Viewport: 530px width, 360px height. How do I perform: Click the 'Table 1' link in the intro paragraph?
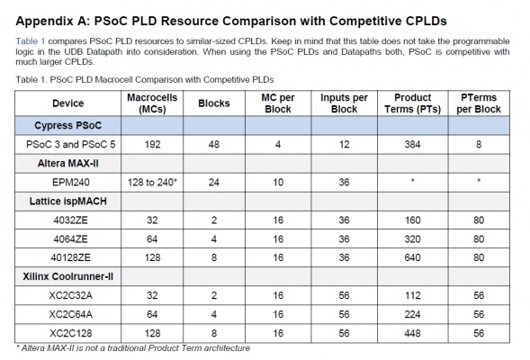(x=30, y=41)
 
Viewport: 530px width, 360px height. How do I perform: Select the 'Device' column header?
(x=68, y=103)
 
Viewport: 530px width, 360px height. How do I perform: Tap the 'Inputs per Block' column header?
(x=344, y=103)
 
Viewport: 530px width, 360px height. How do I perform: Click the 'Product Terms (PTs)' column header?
(x=412, y=103)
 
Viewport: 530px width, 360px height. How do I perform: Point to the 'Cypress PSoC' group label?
(x=68, y=125)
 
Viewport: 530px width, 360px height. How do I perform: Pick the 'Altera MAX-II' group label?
(x=68, y=164)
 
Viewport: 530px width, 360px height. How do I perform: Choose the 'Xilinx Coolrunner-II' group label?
(x=68, y=276)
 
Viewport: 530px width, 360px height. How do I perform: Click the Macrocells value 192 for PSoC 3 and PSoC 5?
(x=152, y=145)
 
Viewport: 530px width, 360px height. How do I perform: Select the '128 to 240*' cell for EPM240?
(x=152, y=183)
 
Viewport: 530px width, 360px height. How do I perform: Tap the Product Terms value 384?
(x=412, y=145)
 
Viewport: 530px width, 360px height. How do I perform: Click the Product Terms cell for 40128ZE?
(x=412, y=257)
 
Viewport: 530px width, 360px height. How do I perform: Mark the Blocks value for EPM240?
(x=214, y=183)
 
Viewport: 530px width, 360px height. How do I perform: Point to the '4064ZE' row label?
(x=70, y=239)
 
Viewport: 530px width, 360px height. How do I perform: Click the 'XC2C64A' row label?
(x=71, y=314)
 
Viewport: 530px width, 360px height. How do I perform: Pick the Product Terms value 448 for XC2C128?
(x=412, y=333)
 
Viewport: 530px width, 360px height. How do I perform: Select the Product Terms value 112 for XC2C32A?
(x=412, y=295)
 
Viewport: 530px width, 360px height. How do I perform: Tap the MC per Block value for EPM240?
(x=278, y=183)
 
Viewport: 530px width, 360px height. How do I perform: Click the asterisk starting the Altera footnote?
(x=18, y=346)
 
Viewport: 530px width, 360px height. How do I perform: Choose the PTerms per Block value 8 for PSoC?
(x=479, y=145)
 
